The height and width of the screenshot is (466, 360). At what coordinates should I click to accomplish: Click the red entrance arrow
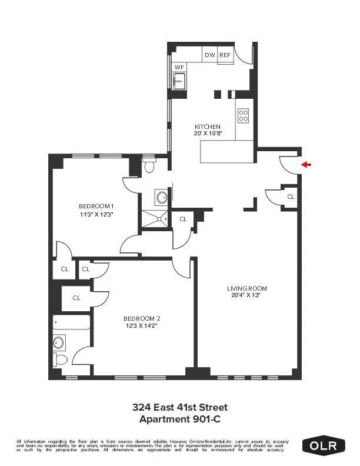305,165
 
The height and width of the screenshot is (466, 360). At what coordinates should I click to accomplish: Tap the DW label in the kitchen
209,55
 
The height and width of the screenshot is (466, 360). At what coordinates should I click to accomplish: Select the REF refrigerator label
225,55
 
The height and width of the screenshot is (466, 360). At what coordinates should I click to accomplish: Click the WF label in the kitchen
179,68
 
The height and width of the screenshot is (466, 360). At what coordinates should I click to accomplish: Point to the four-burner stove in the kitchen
244,115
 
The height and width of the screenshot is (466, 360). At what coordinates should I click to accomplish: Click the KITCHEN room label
208,127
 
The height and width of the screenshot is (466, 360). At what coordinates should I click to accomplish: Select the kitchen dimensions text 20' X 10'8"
208,133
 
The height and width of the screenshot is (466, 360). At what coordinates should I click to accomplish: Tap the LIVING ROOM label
247,288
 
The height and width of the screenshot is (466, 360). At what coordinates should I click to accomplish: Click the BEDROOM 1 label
96,206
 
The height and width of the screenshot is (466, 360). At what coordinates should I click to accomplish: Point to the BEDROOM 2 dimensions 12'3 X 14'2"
141,325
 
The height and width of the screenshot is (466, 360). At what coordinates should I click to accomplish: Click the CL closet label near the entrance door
290,197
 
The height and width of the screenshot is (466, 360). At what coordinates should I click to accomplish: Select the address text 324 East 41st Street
180,407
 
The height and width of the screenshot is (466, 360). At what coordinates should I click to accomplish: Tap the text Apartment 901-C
180,419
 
